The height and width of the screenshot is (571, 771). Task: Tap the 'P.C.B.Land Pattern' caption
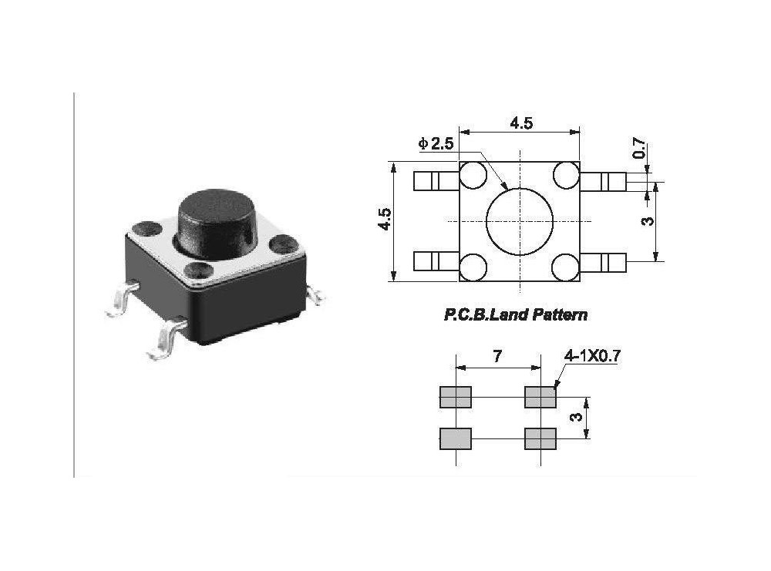click(515, 314)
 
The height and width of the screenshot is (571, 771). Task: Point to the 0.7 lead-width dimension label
click(639, 149)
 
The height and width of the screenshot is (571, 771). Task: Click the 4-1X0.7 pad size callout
click(592, 356)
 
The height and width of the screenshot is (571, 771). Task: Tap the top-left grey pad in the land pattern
click(455, 397)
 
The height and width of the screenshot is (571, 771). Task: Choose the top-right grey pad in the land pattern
click(540, 397)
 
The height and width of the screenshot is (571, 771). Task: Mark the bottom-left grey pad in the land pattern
click(455, 438)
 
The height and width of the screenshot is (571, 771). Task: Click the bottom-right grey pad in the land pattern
click(540, 438)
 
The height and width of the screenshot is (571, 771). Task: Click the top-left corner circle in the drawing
click(472, 176)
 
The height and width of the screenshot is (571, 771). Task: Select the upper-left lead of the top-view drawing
click(436, 181)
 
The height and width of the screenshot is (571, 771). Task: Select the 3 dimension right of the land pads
click(574, 418)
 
